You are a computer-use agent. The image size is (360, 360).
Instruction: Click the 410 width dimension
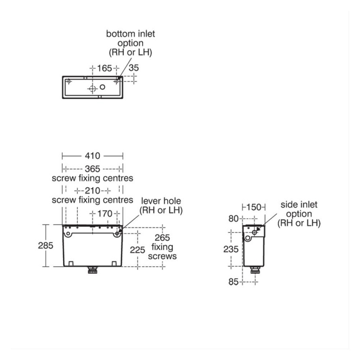(x=93, y=156)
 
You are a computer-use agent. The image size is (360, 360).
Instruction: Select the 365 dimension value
(x=93, y=169)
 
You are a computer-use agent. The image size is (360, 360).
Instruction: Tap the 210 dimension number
(x=93, y=190)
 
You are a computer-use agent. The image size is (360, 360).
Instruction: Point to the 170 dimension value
(x=105, y=214)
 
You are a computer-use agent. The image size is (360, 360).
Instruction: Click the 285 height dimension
(x=45, y=246)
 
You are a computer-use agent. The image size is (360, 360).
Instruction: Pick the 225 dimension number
(x=137, y=250)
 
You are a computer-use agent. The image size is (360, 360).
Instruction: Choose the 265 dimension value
(x=162, y=238)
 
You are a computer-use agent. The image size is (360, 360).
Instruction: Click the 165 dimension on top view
(x=104, y=68)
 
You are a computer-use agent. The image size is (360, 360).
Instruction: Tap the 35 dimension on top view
(x=134, y=68)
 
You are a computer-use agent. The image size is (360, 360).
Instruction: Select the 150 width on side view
(x=254, y=207)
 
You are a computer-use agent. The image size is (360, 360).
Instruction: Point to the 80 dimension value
(x=234, y=219)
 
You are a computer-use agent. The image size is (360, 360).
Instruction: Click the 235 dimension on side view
(x=231, y=249)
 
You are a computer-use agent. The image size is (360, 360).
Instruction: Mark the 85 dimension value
(x=234, y=282)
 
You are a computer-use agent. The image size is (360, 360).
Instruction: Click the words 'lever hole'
(x=161, y=201)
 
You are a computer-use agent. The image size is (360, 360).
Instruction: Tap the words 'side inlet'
(x=299, y=205)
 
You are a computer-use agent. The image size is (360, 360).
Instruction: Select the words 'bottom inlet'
(x=130, y=34)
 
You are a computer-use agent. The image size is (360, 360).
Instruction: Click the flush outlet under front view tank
(x=93, y=270)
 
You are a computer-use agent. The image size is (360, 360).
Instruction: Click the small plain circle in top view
(x=103, y=87)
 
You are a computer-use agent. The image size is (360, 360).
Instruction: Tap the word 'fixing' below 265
(x=162, y=247)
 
